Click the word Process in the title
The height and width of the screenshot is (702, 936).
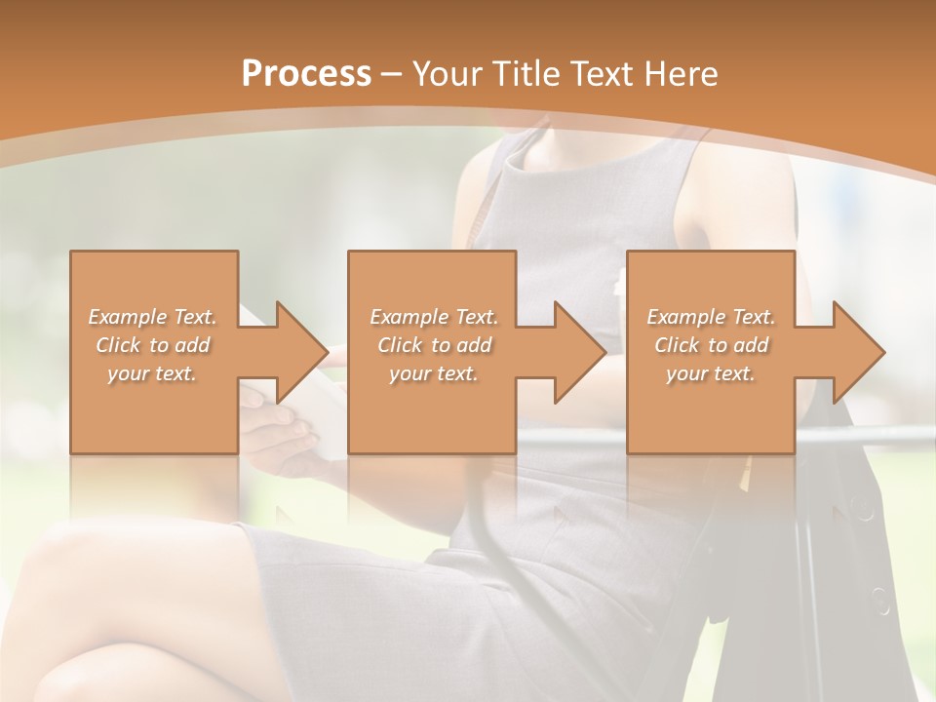pos(306,73)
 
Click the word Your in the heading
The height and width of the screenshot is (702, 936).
pos(449,73)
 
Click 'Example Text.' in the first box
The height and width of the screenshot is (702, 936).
pos(153,316)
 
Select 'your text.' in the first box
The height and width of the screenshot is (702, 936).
pos(153,373)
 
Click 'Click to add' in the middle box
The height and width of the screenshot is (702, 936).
pos(434,345)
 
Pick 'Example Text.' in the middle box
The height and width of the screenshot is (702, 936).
pos(434,316)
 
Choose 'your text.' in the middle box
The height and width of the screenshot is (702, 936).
pos(434,373)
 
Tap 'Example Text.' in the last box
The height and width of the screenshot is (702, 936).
pos(711,316)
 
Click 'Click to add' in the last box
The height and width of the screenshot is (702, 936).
pos(711,345)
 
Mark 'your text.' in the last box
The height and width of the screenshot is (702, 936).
pos(711,373)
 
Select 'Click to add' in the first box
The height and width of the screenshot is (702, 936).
pos(153,345)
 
